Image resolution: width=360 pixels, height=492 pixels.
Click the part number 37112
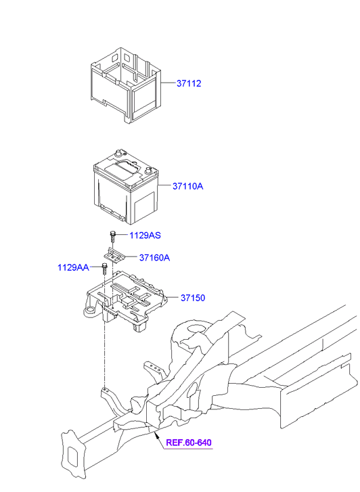tap(189, 84)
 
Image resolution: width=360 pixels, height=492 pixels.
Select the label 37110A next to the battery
tap(187, 185)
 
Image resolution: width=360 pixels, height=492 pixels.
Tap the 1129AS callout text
tap(145, 236)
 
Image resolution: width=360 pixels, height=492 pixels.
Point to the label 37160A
tap(154, 258)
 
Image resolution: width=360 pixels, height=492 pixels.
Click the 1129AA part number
tap(73, 268)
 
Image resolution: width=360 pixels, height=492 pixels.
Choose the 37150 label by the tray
tap(192, 298)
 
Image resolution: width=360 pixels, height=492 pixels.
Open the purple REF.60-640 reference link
tap(188, 443)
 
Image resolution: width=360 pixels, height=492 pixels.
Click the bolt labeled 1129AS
tap(112, 236)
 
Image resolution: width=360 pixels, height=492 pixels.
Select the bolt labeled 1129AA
tap(104, 269)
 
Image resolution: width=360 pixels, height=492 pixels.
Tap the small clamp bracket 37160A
tap(113, 255)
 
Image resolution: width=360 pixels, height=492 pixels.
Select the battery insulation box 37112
tap(126, 85)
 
